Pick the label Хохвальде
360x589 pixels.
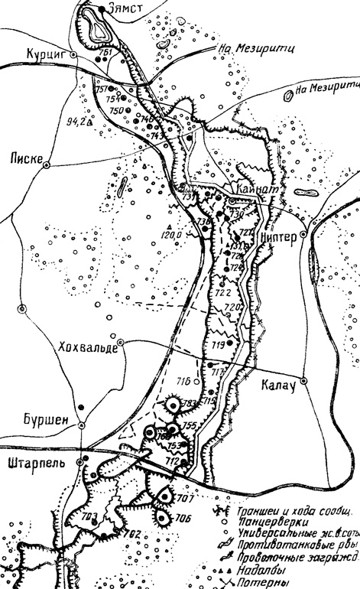coord(88,347)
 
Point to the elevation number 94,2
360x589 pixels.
coord(77,121)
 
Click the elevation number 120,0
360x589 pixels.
coord(170,234)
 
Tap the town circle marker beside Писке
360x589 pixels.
coord(48,163)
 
